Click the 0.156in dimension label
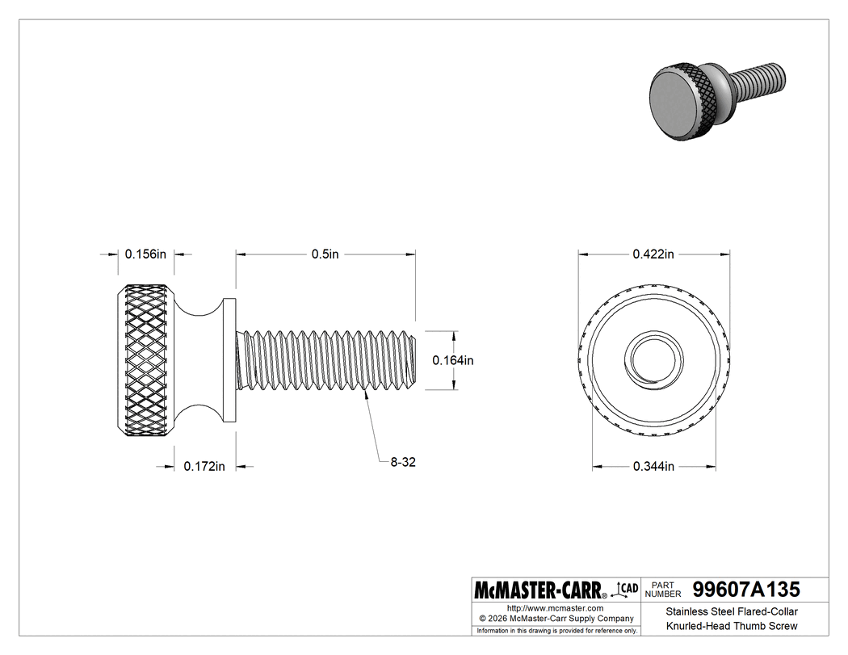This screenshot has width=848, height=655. click(x=145, y=254)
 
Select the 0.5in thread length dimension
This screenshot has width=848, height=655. click(x=325, y=254)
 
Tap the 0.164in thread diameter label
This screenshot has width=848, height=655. click(x=452, y=360)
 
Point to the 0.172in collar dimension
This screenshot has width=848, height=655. click(x=204, y=466)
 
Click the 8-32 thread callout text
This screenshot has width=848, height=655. click(x=402, y=462)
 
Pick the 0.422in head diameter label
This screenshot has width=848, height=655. click(x=653, y=254)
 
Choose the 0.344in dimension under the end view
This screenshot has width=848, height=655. click(x=653, y=466)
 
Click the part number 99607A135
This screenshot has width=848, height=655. click(x=741, y=590)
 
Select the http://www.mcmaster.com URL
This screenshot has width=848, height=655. click(x=555, y=607)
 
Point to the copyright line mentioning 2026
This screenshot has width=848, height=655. click(x=555, y=618)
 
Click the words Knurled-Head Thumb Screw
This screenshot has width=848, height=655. click(x=732, y=626)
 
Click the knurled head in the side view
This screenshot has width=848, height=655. click(x=147, y=360)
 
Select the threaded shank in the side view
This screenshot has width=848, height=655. click(x=327, y=360)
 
